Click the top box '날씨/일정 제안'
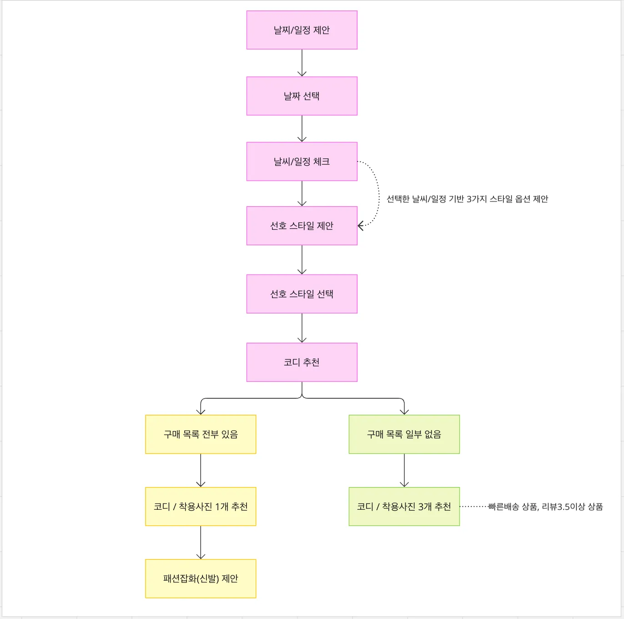pyautogui.click(x=302, y=30)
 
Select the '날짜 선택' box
pyautogui.click(x=302, y=96)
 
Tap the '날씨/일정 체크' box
pyautogui.click(x=302, y=162)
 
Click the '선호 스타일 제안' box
pyautogui.click(x=302, y=226)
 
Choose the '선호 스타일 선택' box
pyautogui.click(x=302, y=294)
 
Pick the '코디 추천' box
pyautogui.click(x=302, y=362)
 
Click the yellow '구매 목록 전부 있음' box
pyautogui.click(x=201, y=434)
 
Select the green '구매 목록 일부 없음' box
pyautogui.click(x=404, y=434)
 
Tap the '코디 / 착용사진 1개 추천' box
pyautogui.click(x=201, y=507)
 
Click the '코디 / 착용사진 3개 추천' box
pyautogui.click(x=404, y=507)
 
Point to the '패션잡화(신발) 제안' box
pyautogui.click(x=201, y=578)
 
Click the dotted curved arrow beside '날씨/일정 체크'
pyautogui.click(x=378, y=193)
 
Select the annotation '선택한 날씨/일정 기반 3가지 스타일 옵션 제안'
pyautogui.click(x=467, y=199)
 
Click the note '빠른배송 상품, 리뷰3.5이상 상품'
pyautogui.click(x=545, y=507)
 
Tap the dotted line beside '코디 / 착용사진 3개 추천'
pyautogui.click(x=473, y=507)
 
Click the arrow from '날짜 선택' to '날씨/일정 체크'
pyautogui.click(x=302, y=128)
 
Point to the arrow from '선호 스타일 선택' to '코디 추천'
pyautogui.click(x=302, y=328)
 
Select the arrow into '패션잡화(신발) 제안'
pyautogui.click(x=201, y=543)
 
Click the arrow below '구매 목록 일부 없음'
pyautogui.click(x=404, y=470)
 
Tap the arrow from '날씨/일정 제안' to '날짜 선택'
pyautogui.click(x=302, y=63)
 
